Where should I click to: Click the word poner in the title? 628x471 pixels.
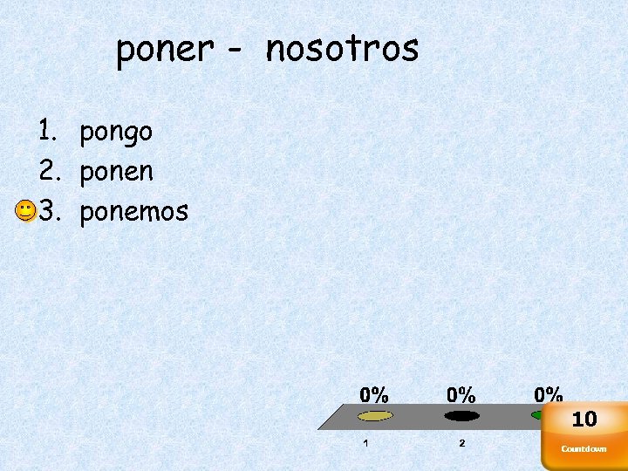pyautogui.click(x=165, y=50)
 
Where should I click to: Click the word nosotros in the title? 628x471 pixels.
pyautogui.click(x=342, y=49)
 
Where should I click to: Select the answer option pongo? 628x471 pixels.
pyautogui.click(x=116, y=133)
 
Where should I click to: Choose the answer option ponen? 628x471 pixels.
pyautogui.click(x=116, y=172)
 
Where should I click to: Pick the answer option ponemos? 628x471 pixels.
pyautogui.click(x=133, y=211)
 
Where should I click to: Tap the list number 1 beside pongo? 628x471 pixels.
pyautogui.click(x=47, y=131)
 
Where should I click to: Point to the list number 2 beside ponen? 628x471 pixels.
pyautogui.click(x=47, y=170)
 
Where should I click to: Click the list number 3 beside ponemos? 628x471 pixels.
pyautogui.click(x=47, y=210)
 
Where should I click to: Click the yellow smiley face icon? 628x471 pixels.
pyautogui.click(x=25, y=210)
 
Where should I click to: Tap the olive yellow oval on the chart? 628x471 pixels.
pyautogui.click(x=376, y=416)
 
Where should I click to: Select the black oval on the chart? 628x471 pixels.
pyautogui.click(x=461, y=416)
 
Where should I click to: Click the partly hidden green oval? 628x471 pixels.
pyautogui.click(x=536, y=415)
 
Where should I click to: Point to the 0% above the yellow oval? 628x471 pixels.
pyautogui.click(x=375, y=395)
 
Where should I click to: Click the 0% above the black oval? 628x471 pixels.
pyautogui.click(x=461, y=395)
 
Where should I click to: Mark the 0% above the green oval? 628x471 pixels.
pyautogui.click(x=549, y=395)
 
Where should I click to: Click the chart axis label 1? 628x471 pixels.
pyautogui.click(x=365, y=443)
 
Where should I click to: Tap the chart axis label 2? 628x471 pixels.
pyautogui.click(x=462, y=443)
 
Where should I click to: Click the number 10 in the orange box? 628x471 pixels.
pyautogui.click(x=584, y=420)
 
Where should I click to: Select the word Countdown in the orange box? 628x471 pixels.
pyautogui.click(x=584, y=449)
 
